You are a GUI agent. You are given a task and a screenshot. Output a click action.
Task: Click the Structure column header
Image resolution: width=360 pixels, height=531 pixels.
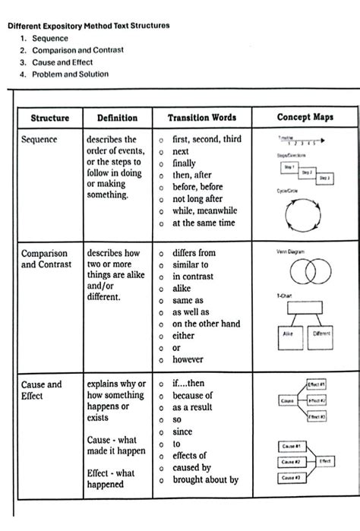pos(50,118)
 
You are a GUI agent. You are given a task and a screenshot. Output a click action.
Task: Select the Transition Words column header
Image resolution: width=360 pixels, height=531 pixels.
pos(202,118)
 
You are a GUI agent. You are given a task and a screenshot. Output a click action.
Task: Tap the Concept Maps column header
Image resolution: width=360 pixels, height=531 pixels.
pos(305,118)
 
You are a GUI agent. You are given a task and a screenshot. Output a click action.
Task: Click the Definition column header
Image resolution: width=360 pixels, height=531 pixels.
pos(117,118)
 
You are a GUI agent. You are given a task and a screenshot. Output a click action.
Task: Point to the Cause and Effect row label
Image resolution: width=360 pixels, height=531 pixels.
pos(41,390)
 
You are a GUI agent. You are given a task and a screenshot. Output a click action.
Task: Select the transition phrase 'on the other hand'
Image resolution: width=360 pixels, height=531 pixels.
pos(206,324)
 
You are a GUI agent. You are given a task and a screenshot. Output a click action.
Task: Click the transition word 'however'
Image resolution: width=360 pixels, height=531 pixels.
pos(188,359)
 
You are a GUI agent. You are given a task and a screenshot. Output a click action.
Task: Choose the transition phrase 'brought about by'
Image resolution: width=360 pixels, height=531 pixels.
pos(205,479)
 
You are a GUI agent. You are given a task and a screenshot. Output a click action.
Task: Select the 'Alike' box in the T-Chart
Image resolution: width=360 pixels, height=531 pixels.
pos(288,333)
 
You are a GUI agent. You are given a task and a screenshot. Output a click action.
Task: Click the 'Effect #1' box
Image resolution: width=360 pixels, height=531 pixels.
pos(317,384)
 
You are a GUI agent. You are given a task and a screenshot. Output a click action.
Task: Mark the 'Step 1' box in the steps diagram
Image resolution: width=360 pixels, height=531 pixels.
pos(289,165)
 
